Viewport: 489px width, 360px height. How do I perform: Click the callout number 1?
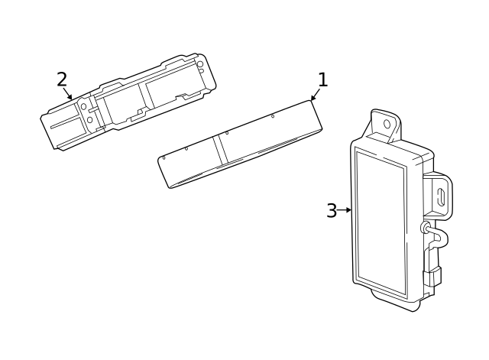322,79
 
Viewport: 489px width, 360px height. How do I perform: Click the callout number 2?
62,79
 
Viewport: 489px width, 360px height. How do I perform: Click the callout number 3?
331,211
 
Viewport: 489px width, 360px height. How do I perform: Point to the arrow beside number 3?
345,210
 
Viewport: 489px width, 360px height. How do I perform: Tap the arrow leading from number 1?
314,96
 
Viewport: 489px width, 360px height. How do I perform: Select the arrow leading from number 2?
70,95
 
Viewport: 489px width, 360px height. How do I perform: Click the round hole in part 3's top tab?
387,123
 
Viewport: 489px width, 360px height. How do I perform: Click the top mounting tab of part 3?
385,125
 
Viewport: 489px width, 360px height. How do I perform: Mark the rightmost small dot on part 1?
273,116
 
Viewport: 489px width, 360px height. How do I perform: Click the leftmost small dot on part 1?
164,157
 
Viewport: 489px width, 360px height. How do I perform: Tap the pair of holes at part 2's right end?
200,68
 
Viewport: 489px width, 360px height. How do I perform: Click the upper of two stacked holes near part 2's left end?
84,106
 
